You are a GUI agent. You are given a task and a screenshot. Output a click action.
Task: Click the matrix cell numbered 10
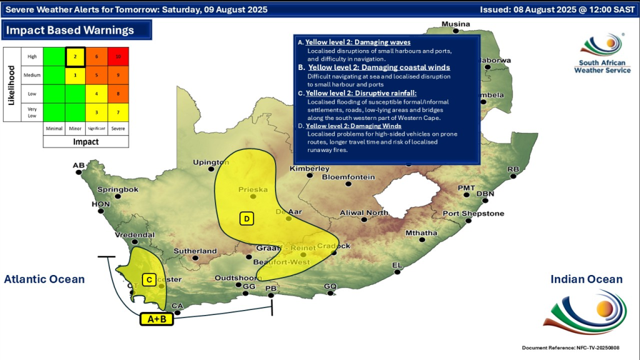click(x=118, y=57)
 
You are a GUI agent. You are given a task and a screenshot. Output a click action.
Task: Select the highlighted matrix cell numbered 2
click(x=75, y=57)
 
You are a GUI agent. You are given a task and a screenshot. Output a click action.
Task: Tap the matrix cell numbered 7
click(x=118, y=112)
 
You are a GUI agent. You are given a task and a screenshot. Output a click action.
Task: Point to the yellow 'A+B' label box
click(x=156, y=319)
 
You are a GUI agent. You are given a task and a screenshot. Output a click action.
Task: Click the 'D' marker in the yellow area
click(x=247, y=218)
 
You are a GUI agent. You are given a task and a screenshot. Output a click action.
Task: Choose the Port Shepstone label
click(x=473, y=214)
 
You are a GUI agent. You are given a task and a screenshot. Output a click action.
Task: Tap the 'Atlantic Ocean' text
click(x=44, y=279)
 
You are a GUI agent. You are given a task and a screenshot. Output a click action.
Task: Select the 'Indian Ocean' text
click(x=586, y=279)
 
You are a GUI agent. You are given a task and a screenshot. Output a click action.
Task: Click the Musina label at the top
click(x=456, y=24)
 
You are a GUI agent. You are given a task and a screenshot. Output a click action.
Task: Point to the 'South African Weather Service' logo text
click(x=599, y=66)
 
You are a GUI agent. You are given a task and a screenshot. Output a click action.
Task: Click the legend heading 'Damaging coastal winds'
click(x=379, y=67)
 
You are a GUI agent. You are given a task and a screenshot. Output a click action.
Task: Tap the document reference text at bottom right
click(x=576, y=347)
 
